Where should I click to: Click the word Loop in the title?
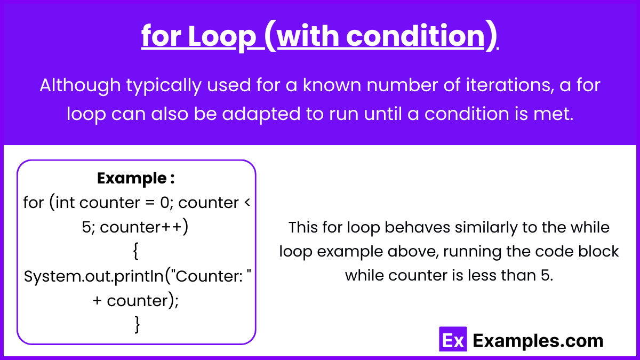pos(222,36)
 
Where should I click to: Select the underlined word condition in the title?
pos(415,36)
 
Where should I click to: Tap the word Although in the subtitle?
pos(81,86)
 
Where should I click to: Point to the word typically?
pos(164,86)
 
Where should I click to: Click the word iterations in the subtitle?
pos(510,85)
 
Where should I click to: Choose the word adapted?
pos(261,114)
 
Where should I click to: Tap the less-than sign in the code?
pos(247,203)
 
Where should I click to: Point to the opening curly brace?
pos(136,251)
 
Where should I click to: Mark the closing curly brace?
pos(137,324)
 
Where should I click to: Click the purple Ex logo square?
pos(453,339)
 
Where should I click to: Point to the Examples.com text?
pos(538,341)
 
